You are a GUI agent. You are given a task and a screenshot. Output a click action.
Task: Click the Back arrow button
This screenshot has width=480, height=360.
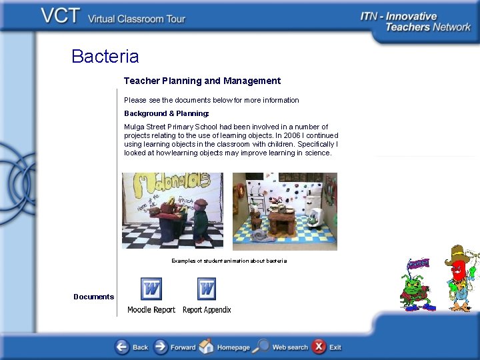(x=123, y=347)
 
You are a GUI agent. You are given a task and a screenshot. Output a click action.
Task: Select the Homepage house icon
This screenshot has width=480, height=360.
(x=207, y=347)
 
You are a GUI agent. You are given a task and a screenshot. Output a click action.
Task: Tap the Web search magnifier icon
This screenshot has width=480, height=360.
(x=263, y=347)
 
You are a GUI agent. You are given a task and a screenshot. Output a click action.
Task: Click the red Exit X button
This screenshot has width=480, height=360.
(x=319, y=347)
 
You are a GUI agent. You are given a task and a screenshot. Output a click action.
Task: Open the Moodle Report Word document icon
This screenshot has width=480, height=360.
(x=151, y=289)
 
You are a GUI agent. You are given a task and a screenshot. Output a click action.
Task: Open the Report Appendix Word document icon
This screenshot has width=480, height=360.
(x=207, y=289)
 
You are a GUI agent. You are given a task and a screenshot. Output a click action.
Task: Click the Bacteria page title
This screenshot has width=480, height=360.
(x=105, y=56)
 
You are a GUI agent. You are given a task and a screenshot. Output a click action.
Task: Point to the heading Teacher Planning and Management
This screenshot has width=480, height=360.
(x=202, y=81)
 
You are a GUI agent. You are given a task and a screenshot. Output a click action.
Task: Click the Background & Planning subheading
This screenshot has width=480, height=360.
(x=166, y=113)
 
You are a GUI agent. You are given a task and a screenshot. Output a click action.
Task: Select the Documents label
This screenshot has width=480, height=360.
(x=93, y=297)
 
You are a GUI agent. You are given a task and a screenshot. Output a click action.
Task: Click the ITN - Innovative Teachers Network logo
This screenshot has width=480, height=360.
(x=415, y=21)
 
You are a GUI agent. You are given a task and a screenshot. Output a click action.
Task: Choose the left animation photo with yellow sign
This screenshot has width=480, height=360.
(x=173, y=211)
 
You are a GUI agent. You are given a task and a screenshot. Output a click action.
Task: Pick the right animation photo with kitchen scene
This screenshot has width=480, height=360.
(x=285, y=211)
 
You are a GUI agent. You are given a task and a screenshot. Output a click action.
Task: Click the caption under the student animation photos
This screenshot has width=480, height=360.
(x=229, y=261)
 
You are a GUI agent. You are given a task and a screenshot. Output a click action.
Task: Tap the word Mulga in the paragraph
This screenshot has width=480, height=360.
(x=135, y=127)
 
